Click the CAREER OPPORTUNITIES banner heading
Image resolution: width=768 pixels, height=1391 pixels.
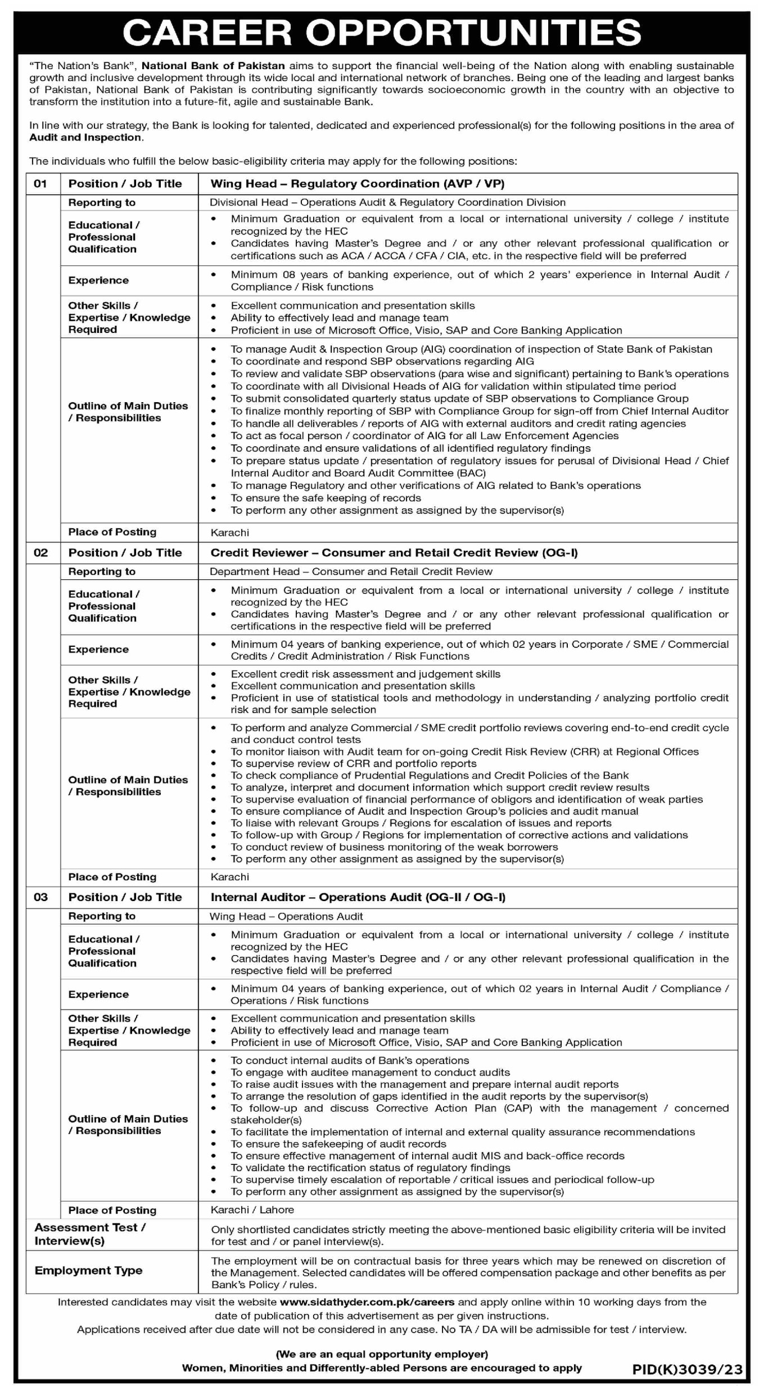point(382,33)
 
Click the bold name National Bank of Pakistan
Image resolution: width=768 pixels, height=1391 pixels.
point(213,66)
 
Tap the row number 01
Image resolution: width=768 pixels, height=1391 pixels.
point(40,184)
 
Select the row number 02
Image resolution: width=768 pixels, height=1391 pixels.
point(40,553)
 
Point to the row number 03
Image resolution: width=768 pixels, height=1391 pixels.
point(40,897)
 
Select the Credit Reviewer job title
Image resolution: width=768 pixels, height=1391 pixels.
point(394,553)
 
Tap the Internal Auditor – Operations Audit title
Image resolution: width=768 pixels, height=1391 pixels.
point(358,897)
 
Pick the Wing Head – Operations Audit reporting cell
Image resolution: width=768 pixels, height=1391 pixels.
point(286,916)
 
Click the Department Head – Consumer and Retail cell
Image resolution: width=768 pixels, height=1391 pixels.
point(351,571)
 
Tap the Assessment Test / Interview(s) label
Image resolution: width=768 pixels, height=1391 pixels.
point(90,1234)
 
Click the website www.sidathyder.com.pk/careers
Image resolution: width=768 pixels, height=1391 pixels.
point(367,1302)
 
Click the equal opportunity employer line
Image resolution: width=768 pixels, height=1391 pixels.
point(382,1354)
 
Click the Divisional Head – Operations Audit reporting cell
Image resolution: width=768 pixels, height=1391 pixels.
point(387,202)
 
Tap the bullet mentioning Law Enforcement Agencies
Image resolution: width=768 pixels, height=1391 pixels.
point(424,436)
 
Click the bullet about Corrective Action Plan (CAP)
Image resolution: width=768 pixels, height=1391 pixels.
point(479,1109)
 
